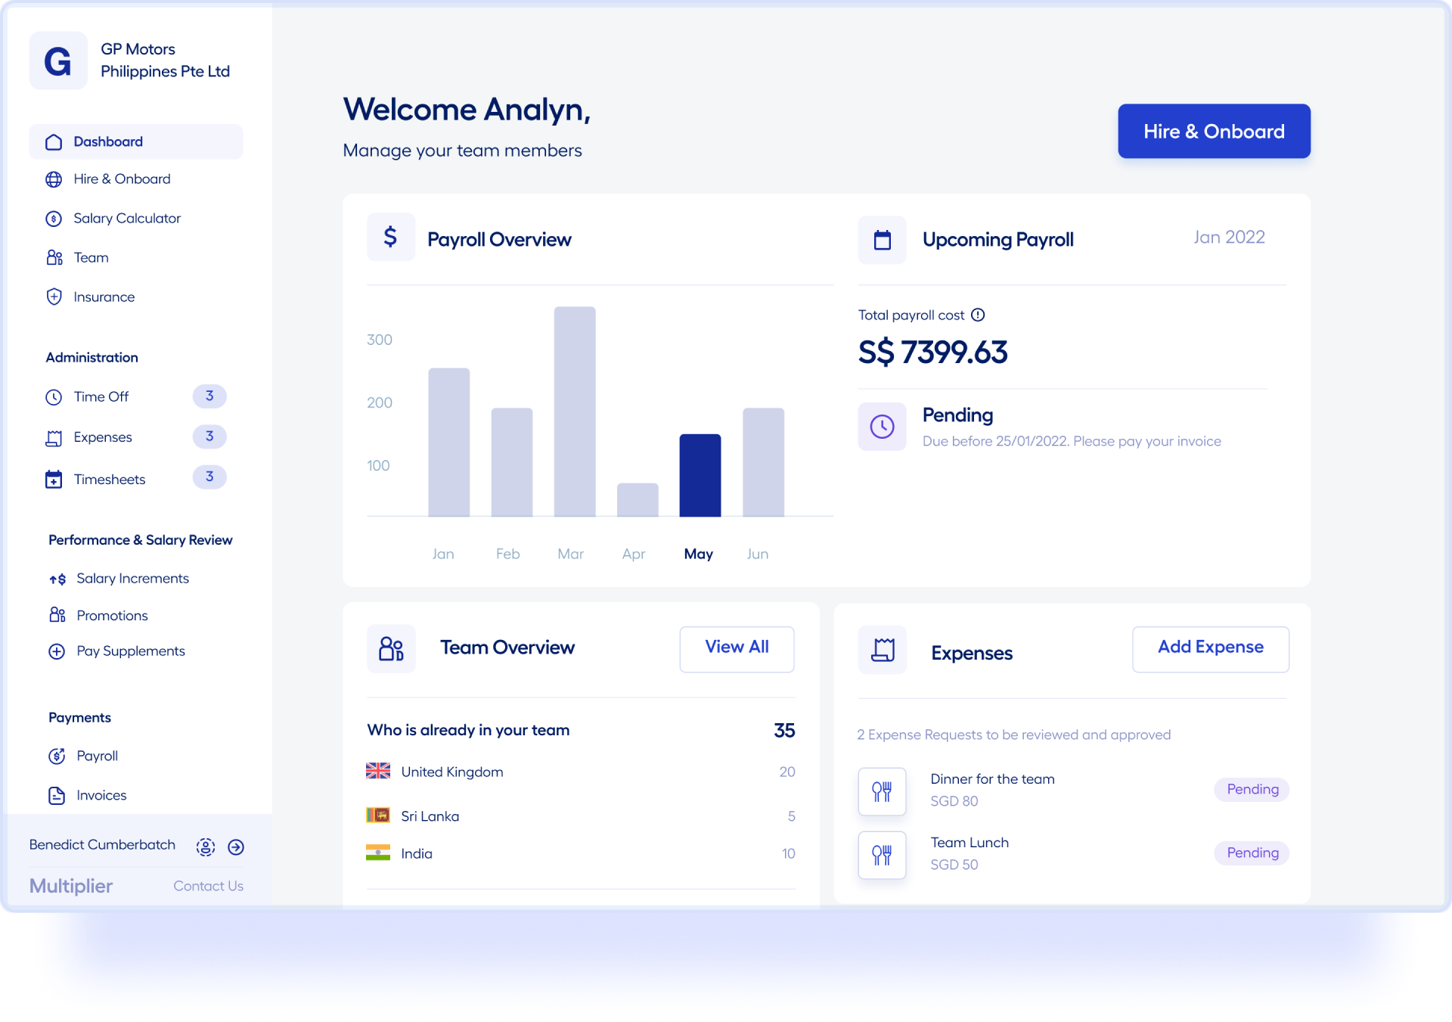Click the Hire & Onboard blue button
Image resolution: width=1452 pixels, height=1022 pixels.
tap(1214, 131)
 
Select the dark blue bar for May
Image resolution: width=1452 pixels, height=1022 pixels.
tap(700, 475)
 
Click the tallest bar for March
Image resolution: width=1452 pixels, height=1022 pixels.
tap(575, 412)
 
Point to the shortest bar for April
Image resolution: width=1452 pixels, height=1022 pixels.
tap(638, 499)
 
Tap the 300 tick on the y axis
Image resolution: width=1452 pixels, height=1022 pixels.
tap(380, 340)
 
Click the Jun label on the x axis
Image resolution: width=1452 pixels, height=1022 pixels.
tap(758, 554)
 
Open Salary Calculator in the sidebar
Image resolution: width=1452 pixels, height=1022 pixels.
tap(127, 219)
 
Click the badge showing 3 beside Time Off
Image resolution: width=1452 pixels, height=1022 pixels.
tap(209, 396)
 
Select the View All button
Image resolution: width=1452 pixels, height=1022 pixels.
tap(737, 648)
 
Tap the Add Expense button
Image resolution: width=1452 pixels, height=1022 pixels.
tap(1210, 648)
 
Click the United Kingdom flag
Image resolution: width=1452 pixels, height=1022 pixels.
tap(378, 771)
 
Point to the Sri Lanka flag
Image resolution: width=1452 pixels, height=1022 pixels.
tap(378, 815)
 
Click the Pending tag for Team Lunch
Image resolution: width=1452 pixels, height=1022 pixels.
tap(1252, 853)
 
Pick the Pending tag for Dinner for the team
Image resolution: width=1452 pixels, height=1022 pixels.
tap(1252, 789)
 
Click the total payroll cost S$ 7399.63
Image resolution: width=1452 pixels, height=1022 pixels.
tap(932, 353)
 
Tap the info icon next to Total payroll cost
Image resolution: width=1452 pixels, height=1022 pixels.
tap(978, 315)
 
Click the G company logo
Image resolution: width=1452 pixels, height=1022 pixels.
tap(58, 61)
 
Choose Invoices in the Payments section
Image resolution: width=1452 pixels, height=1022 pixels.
tap(101, 795)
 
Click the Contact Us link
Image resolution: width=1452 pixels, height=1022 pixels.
tap(208, 886)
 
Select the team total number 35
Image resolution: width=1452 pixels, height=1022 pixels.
tap(784, 730)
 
